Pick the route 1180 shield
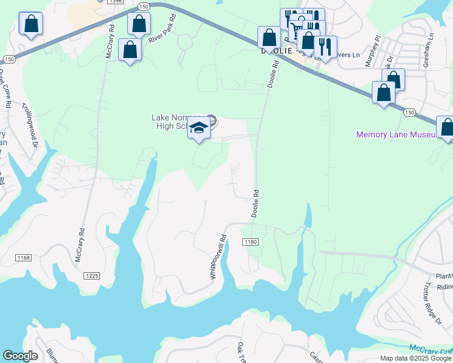pyautogui.click(x=251, y=242)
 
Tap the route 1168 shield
pyautogui.click(x=24, y=258)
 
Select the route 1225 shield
pyautogui.click(x=91, y=276)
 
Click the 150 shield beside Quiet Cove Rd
pyautogui.click(x=8, y=59)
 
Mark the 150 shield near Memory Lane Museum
pyautogui.click(x=409, y=113)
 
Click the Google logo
pyautogui.click(x=20, y=356)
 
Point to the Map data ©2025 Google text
pyautogui.click(x=415, y=358)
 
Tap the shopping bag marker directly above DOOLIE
pyautogui.click(x=269, y=38)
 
